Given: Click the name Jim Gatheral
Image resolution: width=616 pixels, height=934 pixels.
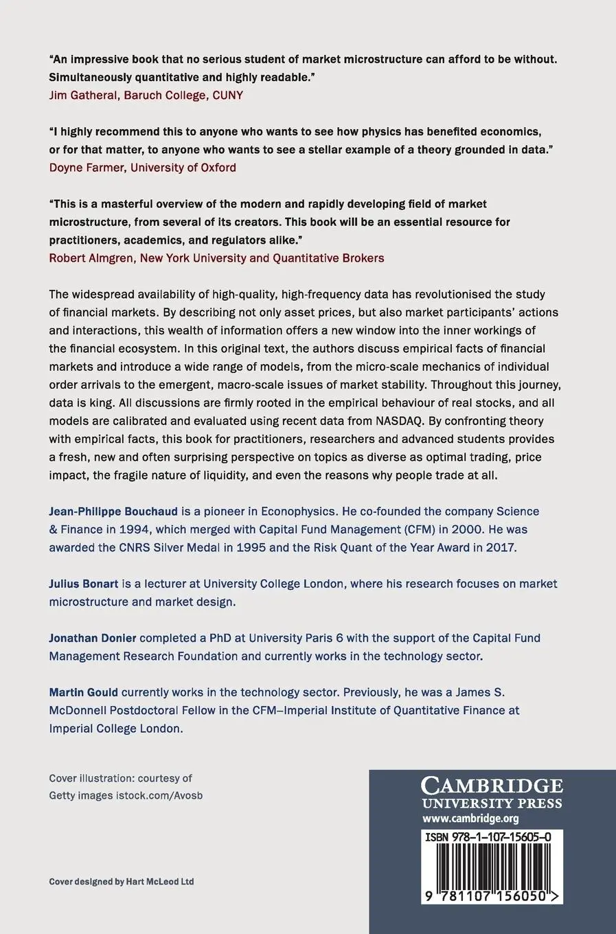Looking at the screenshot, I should coord(83,95).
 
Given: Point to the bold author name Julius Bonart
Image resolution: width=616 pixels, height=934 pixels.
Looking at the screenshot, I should coord(84,584).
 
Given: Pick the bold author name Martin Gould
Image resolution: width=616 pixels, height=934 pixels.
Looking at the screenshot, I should coord(83,692).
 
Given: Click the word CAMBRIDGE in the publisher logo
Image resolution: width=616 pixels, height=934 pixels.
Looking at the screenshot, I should coord(492,786).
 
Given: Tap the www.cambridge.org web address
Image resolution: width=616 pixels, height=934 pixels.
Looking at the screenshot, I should coord(470,819).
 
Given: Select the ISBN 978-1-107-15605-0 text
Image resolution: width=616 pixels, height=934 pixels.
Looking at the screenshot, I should coord(488,837).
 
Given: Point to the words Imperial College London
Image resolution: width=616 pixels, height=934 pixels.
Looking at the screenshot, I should coord(115,729).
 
